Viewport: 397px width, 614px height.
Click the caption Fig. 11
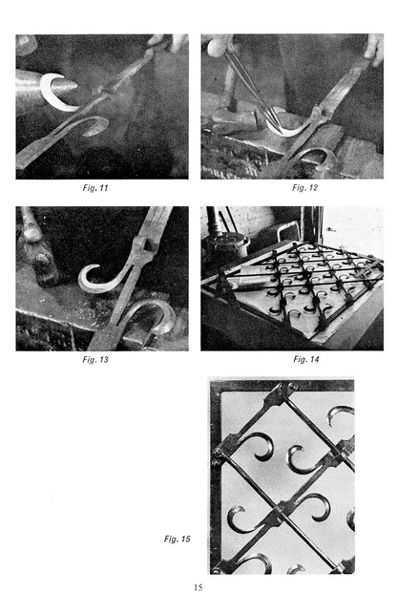tap(95, 188)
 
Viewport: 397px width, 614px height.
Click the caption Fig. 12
tap(304, 188)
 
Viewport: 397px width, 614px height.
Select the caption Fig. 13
tap(95, 359)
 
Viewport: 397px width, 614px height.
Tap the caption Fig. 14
tap(306, 359)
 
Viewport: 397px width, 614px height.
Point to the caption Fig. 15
tap(177, 539)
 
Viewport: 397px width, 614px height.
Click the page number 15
tap(198, 587)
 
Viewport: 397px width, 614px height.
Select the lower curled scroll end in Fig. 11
tap(94, 126)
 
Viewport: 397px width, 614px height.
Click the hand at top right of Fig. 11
tap(169, 41)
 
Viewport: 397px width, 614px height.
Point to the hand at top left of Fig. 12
tap(217, 46)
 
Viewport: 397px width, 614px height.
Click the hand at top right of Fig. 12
tap(374, 48)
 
